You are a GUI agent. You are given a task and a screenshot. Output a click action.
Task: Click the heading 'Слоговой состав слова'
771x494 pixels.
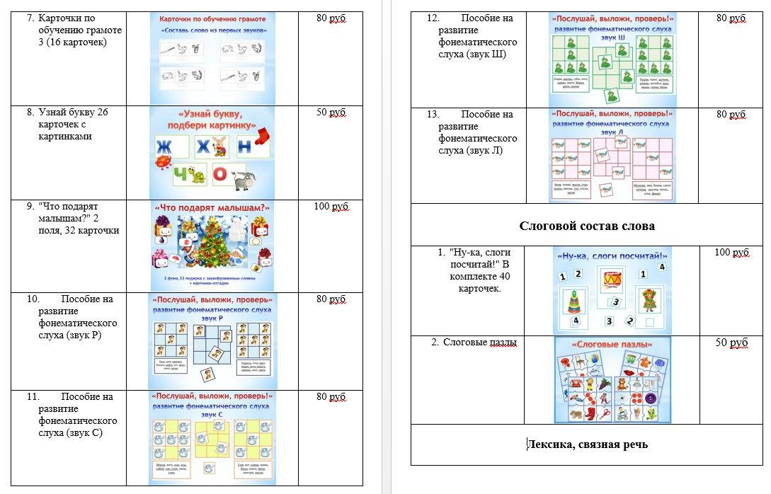tap(587, 226)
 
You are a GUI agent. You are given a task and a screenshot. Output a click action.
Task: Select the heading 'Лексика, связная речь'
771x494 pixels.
tap(587, 444)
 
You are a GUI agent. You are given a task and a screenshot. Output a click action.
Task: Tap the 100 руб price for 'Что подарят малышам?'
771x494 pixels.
tap(330, 207)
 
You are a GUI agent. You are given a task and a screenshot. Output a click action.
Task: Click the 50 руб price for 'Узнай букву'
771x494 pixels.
tap(331, 113)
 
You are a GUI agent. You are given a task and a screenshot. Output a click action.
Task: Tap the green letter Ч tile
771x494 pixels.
tap(165, 174)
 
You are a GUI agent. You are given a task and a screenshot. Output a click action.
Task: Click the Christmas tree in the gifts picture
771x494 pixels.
tap(213, 245)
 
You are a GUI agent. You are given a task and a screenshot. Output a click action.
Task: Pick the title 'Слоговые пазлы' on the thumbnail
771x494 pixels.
tap(612, 345)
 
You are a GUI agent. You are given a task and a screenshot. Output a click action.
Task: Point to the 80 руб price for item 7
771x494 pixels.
tap(331, 18)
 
